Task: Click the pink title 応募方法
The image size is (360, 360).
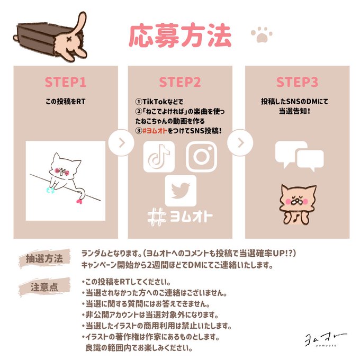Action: pos(180,35)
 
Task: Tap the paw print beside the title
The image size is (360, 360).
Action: pos(262,35)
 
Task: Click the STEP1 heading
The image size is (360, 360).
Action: pos(66,82)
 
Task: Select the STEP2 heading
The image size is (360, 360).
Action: pos(180,82)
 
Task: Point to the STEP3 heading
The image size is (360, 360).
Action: pos(297,82)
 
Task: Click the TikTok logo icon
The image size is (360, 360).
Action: pos(159,157)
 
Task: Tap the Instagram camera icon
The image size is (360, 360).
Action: pos(201,157)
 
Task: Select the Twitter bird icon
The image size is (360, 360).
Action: pos(181,191)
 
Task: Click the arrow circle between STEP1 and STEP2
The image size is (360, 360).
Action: pos(121,143)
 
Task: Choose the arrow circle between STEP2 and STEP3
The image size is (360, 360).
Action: pos(240,143)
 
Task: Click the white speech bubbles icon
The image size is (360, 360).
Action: pos(300,156)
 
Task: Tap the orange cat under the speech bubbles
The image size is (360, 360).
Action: pos(298,204)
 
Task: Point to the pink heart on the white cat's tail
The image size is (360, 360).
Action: pos(79,201)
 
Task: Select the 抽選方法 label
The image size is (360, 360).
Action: pos(44,258)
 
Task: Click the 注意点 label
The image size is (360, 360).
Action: pos(44,287)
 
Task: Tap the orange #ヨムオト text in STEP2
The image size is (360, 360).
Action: pos(155,131)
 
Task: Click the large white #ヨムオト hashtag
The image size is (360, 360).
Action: pos(180,217)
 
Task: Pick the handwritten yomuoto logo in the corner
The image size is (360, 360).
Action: pos(325,340)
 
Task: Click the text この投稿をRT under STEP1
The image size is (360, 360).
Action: pos(66,102)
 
